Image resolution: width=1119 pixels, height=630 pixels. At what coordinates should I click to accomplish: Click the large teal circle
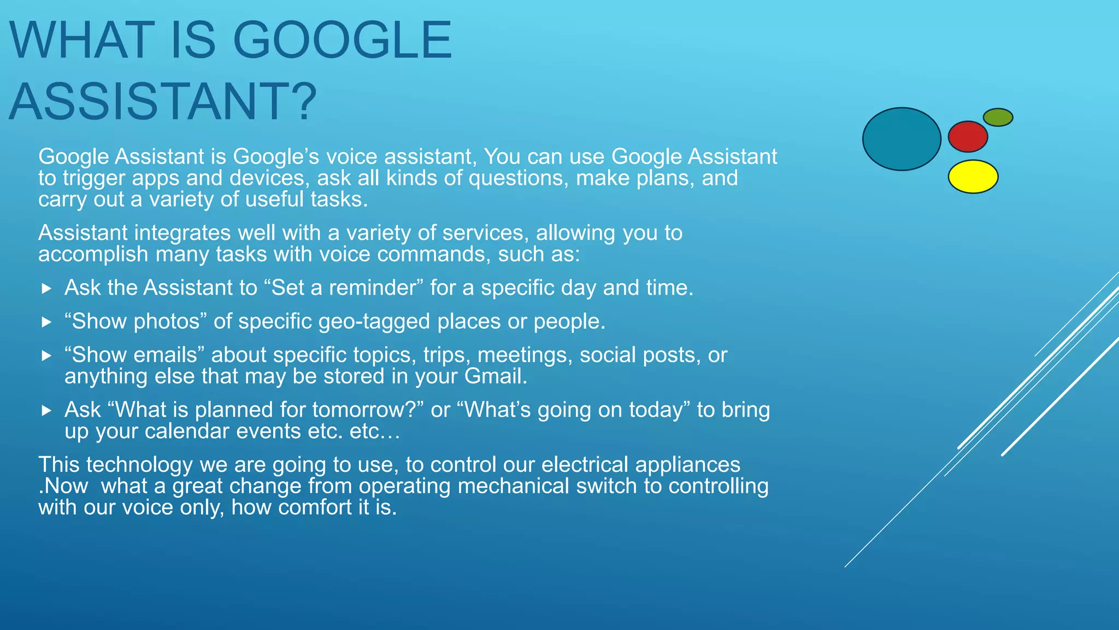tap(902, 139)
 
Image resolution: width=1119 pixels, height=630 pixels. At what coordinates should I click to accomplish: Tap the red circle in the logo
tap(968, 137)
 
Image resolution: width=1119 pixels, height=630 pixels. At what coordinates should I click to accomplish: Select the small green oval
tap(998, 117)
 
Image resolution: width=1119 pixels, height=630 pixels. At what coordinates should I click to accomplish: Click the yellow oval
tap(973, 177)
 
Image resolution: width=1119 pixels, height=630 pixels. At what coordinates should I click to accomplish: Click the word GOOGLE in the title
tap(342, 40)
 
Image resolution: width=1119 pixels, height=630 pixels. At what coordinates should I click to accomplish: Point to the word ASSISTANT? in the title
tap(163, 102)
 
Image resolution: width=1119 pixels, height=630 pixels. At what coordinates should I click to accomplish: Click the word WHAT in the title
tap(82, 40)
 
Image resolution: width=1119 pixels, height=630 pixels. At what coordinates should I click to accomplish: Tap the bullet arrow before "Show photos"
tap(46, 322)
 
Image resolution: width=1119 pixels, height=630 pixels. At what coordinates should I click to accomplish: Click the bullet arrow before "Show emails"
tap(46, 356)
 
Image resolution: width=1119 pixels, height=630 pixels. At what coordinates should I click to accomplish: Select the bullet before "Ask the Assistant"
tap(46, 288)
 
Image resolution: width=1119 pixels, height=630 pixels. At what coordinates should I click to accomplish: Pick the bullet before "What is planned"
tap(46, 410)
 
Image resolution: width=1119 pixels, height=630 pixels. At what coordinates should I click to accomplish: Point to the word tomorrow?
tap(368, 410)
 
